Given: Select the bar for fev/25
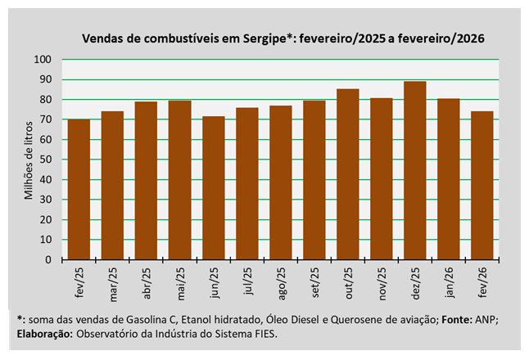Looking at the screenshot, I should click(x=79, y=189).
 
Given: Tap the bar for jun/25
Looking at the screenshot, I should click(x=213, y=188).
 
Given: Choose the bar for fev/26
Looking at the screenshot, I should click(x=482, y=186).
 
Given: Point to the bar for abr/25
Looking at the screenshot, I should click(x=146, y=181).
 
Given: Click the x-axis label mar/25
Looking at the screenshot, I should click(x=113, y=281).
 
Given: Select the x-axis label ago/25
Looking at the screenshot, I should click(x=281, y=281).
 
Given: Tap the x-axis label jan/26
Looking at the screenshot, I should click(x=449, y=281).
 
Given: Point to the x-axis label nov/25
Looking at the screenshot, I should click(x=382, y=281).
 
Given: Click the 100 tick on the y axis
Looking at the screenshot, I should click(x=43, y=60).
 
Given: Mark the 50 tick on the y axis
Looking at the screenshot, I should click(x=46, y=160).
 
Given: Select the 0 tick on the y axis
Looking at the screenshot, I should click(x=48, y=260).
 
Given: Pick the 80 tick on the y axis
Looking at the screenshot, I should click(x=46, y=100).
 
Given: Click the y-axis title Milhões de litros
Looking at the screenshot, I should click(x=28, y=160).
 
